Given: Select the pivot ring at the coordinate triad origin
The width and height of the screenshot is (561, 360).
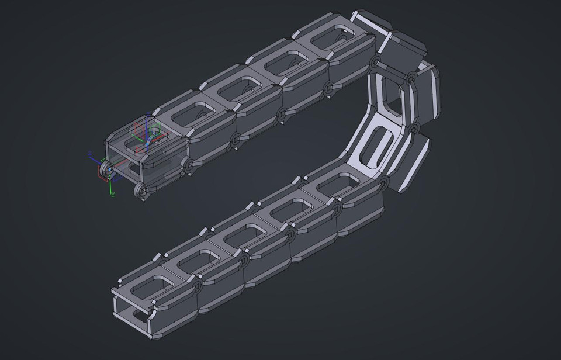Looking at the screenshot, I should coord(108,169).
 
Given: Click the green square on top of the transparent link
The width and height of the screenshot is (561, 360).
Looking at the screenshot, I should coord(155,129).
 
